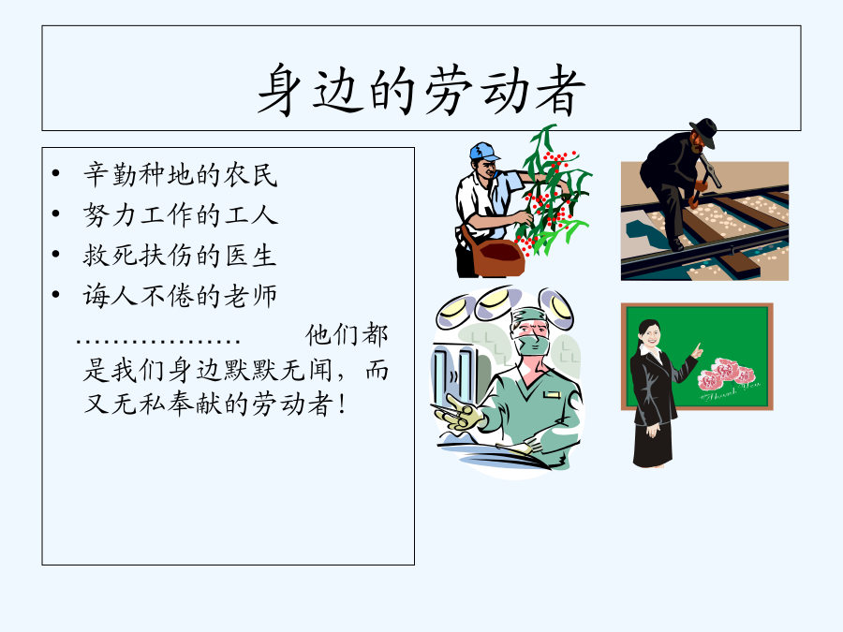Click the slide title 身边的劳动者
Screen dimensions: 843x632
pos(421,90)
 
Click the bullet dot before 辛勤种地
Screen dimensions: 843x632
pos(55,173)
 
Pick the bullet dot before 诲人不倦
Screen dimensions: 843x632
pos(55,295)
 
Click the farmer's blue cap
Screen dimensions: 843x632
pos(484,151)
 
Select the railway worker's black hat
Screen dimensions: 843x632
pos(704,132)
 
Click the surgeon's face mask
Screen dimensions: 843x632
pos(533,344)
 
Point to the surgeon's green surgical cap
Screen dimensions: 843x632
pos(529,316)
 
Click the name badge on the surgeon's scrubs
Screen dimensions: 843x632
pos(552,395)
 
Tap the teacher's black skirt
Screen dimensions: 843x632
pos(653,444)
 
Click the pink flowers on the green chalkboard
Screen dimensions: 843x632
pos(726,374)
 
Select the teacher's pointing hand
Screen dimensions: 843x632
pos(697,351)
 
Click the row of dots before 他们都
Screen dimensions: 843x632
pos(158,341)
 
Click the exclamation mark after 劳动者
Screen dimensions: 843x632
pos(342,404)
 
